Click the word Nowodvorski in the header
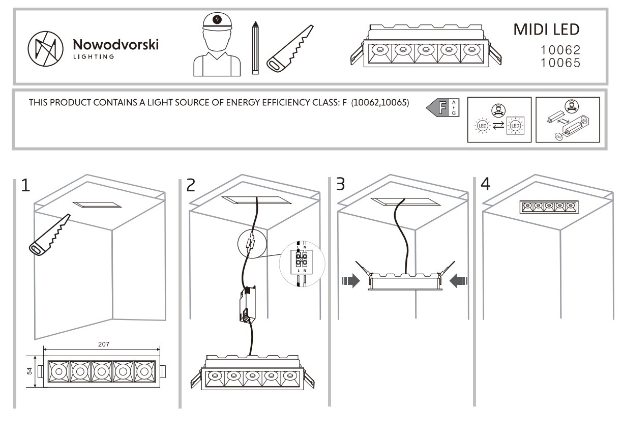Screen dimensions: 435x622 (x=116, y=45)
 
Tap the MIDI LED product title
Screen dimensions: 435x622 (x=546, y=30)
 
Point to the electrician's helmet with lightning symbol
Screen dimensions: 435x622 (x=218, y=20)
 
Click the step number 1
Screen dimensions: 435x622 (x=25, y=185)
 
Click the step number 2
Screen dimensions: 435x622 (x=190, y=185)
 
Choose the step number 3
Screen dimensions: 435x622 (x=340, y=184)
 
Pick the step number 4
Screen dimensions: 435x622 (x=486, y=184)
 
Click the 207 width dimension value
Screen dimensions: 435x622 (x=103, y=344)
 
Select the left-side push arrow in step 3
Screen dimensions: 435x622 (x=351, y=279)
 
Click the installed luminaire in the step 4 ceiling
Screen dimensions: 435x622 (x=549, y=207)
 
